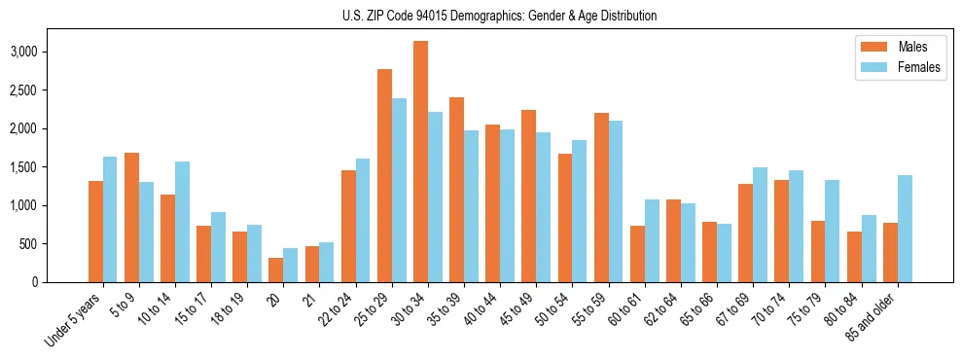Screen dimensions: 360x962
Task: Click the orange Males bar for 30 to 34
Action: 420,162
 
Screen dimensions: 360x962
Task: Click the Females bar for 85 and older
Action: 905,229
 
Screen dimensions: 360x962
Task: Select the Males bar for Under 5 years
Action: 95,232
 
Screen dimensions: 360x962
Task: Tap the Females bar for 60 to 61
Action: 652,240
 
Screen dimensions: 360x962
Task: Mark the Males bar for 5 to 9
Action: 131,217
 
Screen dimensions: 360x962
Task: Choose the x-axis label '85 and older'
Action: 872,316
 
